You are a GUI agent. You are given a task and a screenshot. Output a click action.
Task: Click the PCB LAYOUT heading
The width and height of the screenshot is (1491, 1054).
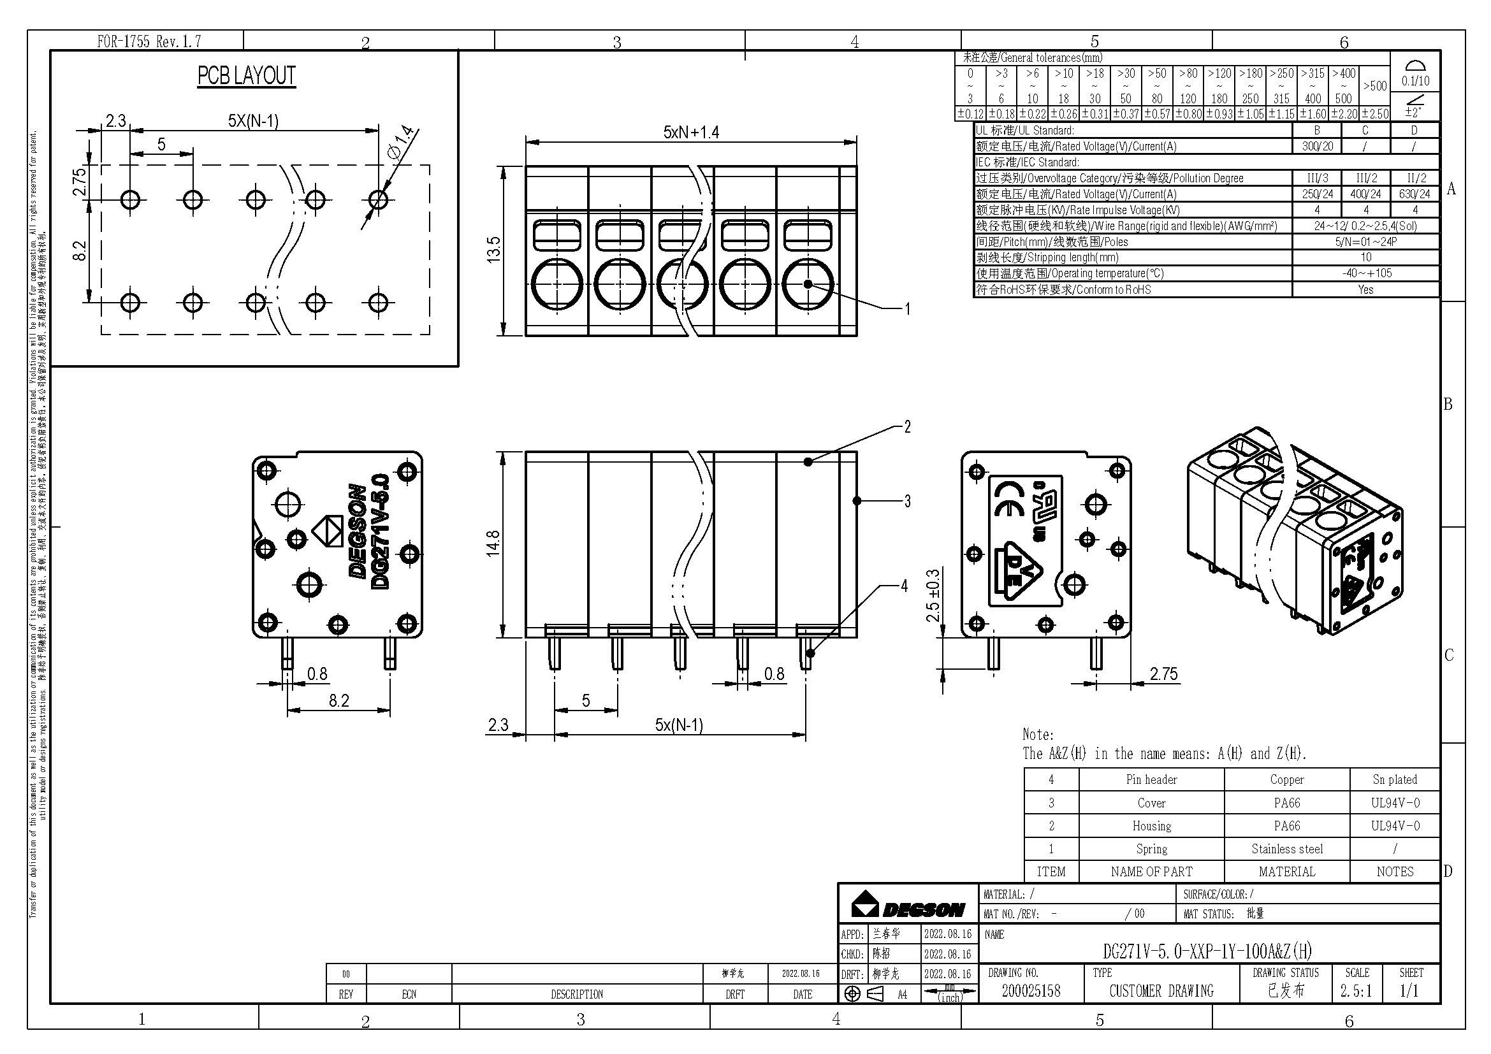[x=246, y=76]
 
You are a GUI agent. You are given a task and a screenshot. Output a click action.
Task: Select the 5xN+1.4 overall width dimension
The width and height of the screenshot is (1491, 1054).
[x=691, y=133]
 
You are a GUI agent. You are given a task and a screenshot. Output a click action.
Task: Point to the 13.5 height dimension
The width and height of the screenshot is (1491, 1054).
[x=494, y=250]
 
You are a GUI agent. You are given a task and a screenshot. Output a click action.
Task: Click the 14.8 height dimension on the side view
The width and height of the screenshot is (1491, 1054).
[x=493, y=542]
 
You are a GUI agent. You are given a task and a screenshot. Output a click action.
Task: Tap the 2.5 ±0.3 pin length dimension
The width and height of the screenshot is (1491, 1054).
[x=933, y=595]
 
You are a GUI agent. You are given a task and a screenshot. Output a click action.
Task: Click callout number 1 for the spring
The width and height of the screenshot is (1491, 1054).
[x=907, y=309]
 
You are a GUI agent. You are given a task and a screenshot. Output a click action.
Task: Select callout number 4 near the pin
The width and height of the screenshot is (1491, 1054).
[x=904, y=586]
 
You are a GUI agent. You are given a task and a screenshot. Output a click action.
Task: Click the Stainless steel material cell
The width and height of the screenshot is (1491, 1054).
[x=1286, y=849]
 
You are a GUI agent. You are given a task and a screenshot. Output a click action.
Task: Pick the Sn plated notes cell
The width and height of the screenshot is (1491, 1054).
[x=1394, y=779]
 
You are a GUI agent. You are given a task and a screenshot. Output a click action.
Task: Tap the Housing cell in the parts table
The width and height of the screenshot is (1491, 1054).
[x=1151, y=825]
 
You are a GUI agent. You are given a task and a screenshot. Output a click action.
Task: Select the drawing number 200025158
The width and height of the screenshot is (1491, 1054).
[x=1031, y=991]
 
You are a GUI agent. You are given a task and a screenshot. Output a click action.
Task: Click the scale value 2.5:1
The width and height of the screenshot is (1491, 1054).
[x=1356, y=991]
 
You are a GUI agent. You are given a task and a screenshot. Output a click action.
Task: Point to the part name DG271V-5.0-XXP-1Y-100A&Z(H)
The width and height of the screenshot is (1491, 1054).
[x=1207, y=951]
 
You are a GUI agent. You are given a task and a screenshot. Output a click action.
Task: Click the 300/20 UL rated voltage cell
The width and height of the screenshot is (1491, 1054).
[x=1317, y=147]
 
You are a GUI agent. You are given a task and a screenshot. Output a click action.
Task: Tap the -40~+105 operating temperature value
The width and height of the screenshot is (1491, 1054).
[x=1366, y=273]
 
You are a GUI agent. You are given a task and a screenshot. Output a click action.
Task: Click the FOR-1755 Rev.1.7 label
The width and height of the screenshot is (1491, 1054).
[x=149, y=41]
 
